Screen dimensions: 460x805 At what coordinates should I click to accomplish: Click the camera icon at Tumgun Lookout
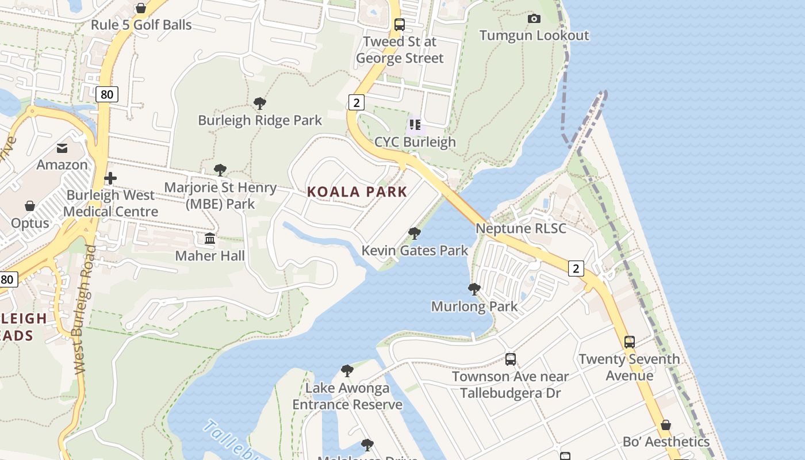click(x=534, y=19)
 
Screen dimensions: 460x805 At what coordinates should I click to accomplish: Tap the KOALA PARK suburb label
click(x=356, y=192)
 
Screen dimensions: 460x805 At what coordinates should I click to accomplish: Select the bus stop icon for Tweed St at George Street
click(x=400, y=25)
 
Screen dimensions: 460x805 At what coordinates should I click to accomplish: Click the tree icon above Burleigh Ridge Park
click(x=260, y=103)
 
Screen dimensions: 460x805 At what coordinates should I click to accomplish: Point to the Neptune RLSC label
click(x=520, y=228)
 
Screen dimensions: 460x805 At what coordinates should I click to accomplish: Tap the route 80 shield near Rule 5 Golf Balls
click(x=107, y=94)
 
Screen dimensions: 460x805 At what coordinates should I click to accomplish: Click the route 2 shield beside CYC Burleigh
click(x=356, y=103)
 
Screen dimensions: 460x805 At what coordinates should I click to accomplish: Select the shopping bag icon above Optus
click(x=30, y=206)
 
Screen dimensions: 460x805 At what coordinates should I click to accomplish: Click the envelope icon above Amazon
click(x=62, y=148)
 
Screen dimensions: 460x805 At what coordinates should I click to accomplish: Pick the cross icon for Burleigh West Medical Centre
click(x=110, y=178)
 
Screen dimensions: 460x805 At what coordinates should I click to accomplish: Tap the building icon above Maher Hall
click(x=210, y=239)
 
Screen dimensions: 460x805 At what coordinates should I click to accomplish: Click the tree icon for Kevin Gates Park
click(x=414, y=233)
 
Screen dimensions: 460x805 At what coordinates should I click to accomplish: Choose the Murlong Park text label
click(x=474, y=306)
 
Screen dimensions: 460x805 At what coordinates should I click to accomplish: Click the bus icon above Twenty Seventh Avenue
click(x=630, y=342)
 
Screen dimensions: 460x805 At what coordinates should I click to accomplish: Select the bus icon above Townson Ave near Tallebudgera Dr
click(x=510, y=359)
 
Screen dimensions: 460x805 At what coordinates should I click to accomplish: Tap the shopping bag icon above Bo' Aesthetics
click(x=665, y=425)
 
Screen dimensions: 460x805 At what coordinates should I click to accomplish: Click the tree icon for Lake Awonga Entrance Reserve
click(x=347, y=371)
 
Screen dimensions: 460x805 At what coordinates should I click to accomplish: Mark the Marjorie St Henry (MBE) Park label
click(x=221, y=195)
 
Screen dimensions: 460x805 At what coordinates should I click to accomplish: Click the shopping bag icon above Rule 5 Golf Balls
click(x=141, y=8)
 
